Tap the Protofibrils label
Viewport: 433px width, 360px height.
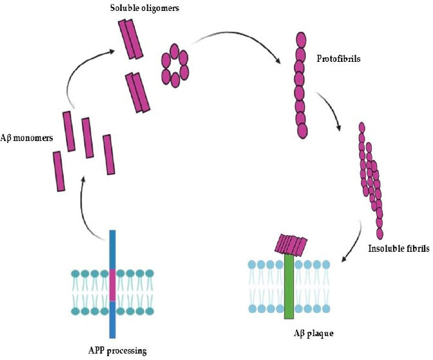(338, 59)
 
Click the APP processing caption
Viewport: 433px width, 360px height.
(117, 351)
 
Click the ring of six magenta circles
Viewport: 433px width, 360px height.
(174, 64)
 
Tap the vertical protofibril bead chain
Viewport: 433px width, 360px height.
(300, 84)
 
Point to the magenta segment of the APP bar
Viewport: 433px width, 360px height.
(113, 285)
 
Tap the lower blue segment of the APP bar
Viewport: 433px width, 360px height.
(113, 319)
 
